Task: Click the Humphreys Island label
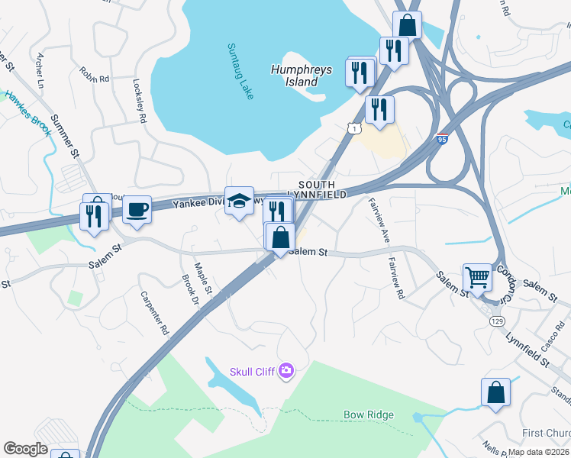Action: pyautogui.click(x=302, y=76)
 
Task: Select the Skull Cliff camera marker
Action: pyautogui.click(x=286, y=371)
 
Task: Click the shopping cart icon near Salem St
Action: pyautogui.click(x=477, y=277)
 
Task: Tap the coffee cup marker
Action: pyautogui.click(x=137, y=209)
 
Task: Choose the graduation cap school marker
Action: pyautogui.click(x=239, y=202)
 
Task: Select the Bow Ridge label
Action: pyautogui.click(x=369, y=415)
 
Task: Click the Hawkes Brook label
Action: pyautogui.click(x=27, y=114)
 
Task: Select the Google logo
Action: pyautogui.click(x=25, y=449)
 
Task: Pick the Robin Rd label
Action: pyautogui.click(x=95, y=74)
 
